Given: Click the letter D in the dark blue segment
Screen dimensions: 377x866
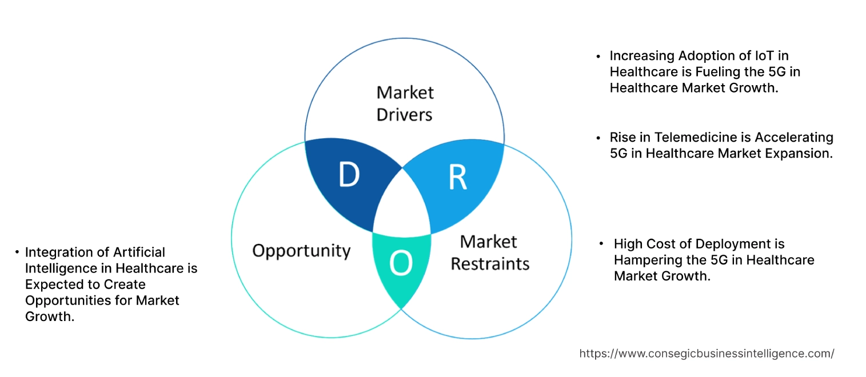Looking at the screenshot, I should coord(349,175).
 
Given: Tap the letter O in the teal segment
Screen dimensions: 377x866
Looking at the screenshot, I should coord(400,263).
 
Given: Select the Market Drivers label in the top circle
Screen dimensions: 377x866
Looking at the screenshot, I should coord(405,103).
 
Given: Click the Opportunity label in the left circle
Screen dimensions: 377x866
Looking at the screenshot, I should coord(301,250).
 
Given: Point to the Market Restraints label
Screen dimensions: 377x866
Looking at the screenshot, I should coord(490,252).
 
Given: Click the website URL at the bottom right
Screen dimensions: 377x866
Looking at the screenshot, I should coord(707,354).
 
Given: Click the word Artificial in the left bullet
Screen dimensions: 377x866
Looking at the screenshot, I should coord(139,252).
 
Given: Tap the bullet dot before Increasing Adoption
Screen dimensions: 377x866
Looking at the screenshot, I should coord(598,57).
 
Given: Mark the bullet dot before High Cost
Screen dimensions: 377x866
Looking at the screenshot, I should coord(601,244).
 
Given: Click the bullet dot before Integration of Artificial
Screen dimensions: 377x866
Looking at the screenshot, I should coord(17,252).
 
